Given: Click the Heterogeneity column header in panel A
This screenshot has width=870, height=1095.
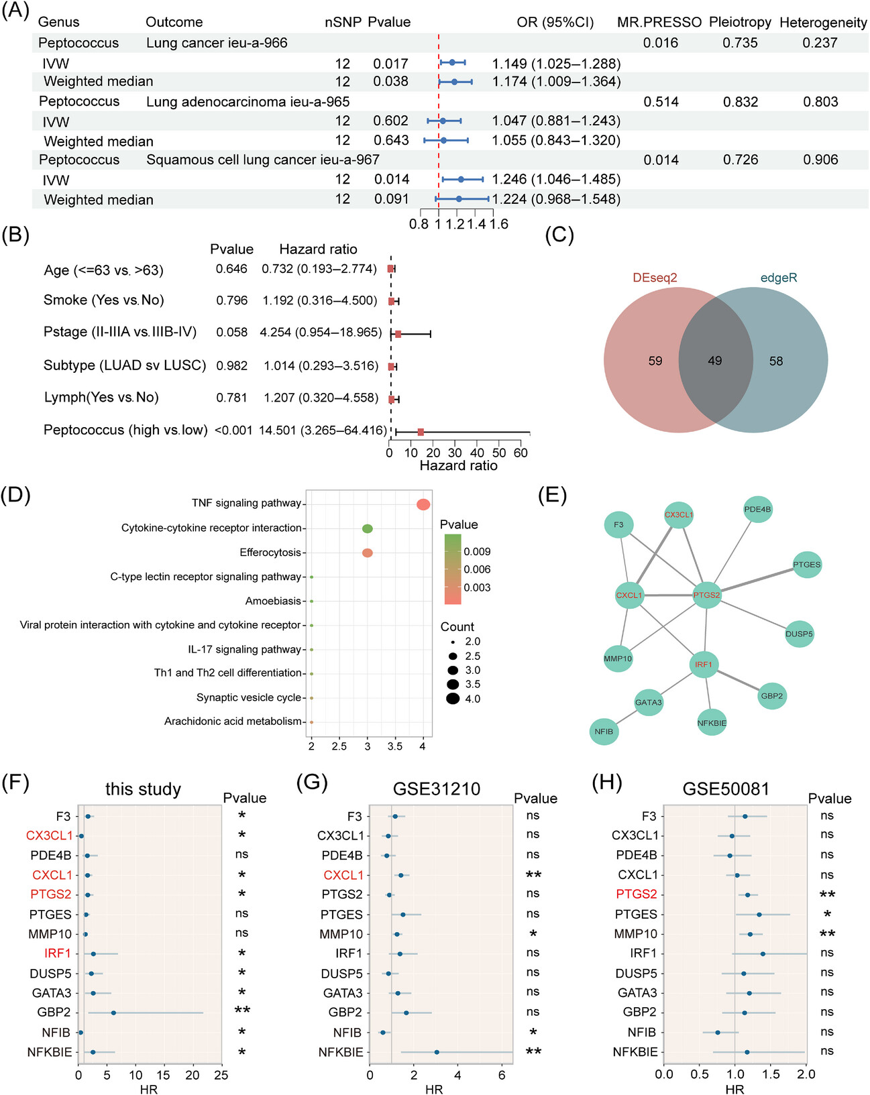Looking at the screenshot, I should [823, 23].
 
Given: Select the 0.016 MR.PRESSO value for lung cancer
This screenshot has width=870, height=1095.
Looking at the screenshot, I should [661, 43].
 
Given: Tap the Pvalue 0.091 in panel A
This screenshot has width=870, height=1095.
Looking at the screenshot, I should [391, 199].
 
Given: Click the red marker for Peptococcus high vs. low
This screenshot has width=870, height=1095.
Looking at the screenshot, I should [421, 432].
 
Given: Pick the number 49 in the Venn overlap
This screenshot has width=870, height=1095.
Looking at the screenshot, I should [715, 361].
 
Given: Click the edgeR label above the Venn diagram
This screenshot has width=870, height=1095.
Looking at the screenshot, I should [778, 278].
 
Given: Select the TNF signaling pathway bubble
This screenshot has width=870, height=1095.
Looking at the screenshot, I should [423, 504].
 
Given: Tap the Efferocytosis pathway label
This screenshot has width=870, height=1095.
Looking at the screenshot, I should [270, 553].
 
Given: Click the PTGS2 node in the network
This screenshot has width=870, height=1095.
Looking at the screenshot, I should [706, 595].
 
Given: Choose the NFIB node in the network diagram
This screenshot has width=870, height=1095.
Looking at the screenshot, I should [604, 731].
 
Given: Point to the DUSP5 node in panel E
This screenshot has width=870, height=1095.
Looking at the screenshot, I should [799, 634].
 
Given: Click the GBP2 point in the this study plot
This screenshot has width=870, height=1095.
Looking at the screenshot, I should [113, 1013].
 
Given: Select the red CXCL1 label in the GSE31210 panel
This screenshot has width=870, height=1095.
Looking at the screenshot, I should [343, 875].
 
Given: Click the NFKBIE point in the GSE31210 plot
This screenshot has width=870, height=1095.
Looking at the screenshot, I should [437, 1052].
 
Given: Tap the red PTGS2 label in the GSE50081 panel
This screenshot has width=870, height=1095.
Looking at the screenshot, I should [637, 894].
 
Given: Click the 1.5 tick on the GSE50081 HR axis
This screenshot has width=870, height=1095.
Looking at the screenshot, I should [771, 1074].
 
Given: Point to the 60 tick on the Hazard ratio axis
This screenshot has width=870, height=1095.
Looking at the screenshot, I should [521, 453].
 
